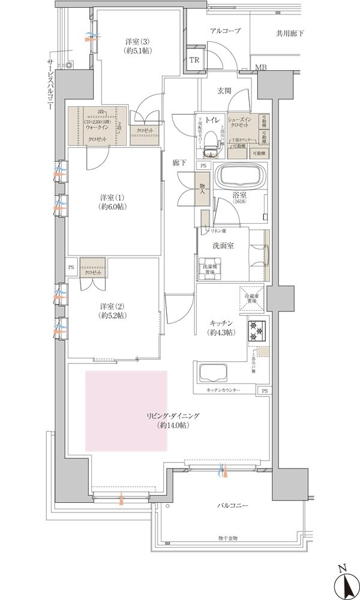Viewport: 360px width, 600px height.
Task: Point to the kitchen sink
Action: (211, 373)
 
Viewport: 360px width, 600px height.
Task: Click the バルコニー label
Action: (233, 506)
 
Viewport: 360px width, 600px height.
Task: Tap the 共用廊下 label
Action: (290, 34)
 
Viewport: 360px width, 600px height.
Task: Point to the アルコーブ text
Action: (225, 30)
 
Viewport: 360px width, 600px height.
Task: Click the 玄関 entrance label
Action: (224, 91)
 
